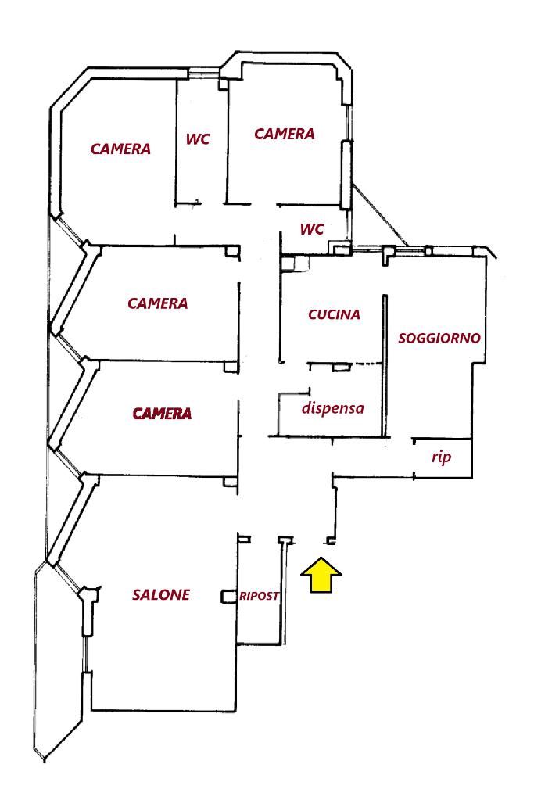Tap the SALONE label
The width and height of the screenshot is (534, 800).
(161, 595)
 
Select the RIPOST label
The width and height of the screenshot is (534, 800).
(260, 597)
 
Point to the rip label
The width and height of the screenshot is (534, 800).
(442, 457)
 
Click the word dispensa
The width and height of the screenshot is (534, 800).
(333, 407)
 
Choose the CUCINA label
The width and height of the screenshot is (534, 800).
(334, 315)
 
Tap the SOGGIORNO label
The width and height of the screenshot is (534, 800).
(439, 339)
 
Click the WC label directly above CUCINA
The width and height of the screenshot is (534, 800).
(312, 230)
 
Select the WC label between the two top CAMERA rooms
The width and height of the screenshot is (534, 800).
(197, 139)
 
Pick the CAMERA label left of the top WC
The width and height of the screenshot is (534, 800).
(120, 149)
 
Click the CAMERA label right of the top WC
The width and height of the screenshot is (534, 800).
(285, 135)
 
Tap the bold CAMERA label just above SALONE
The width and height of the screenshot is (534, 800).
(162, 413)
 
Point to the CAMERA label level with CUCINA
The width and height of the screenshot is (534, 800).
(158, 303)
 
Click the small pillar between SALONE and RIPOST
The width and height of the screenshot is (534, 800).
(228, 596)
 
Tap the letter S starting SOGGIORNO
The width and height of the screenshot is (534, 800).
(403, 339)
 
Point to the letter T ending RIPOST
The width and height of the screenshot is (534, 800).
(277, 597)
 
